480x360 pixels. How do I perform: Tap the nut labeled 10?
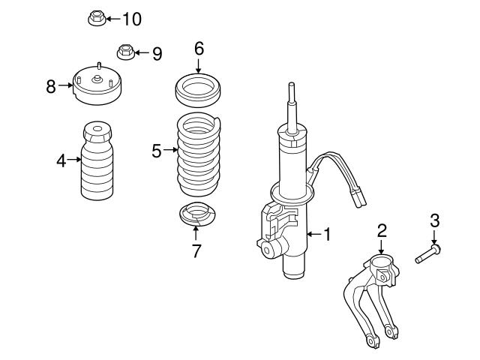point(95,18)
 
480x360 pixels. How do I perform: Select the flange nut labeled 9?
point(124,52)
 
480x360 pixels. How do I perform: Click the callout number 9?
point(157,53)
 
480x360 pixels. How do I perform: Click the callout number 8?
point(51,85)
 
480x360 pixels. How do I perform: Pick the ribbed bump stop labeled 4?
point(97,164)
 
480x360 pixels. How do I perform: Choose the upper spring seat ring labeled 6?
point(198,90)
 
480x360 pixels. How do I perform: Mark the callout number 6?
point(199,49)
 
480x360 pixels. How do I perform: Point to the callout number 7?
point(196,251)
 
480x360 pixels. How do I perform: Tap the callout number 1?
point(327,235)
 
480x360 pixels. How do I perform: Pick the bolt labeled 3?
point(428,255)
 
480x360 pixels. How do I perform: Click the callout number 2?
point(381,229)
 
